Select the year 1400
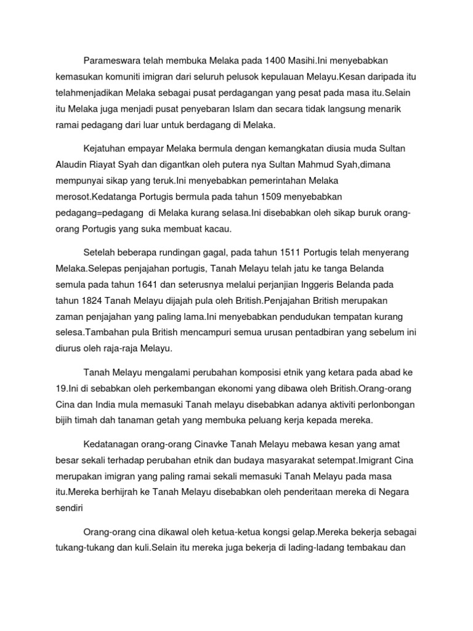[x=274, y=60]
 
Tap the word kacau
[x=216, y=229]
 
